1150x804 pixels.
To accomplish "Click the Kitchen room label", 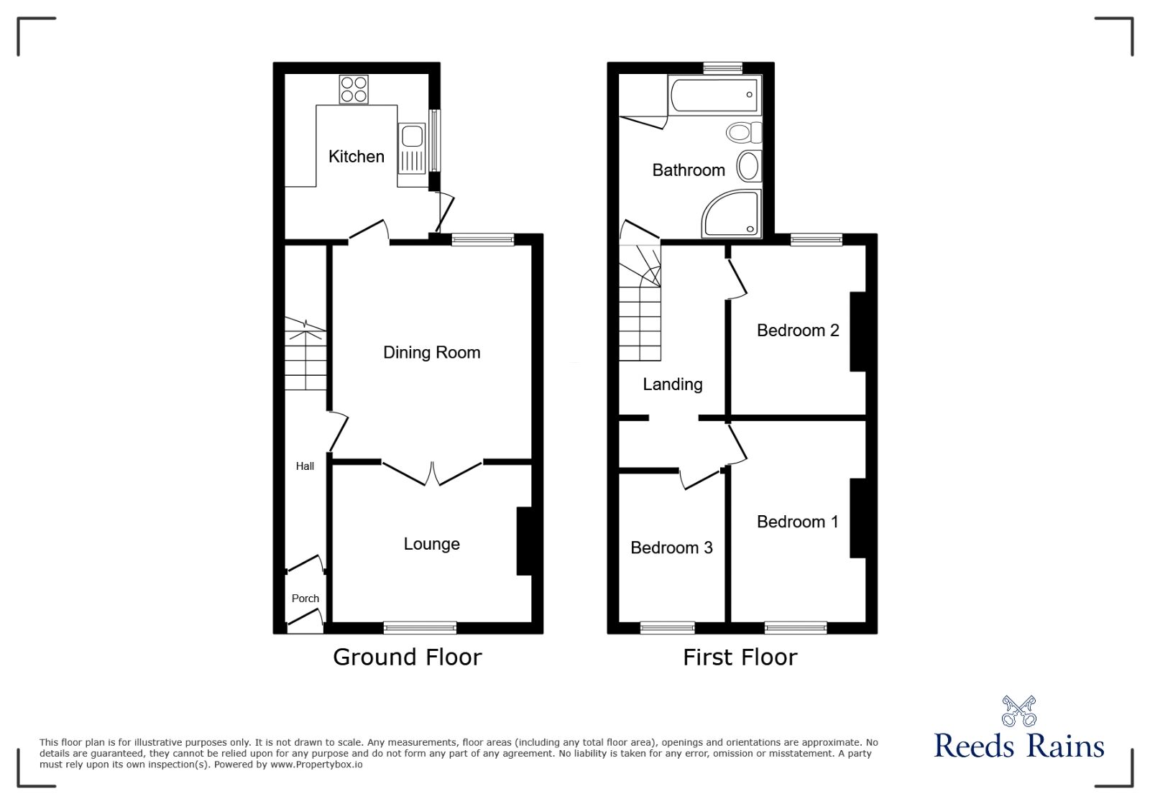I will [x=356, y=157].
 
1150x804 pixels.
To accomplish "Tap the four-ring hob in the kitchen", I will [x=354, y=90].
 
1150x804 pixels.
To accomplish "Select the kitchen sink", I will [x=412, y=137].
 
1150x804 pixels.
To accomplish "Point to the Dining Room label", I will [x=431, y=353].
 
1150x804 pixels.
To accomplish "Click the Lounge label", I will [x=431, y=545].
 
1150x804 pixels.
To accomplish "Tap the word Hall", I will [x=305, y=466].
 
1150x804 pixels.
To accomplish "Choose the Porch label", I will [x=305, y=599].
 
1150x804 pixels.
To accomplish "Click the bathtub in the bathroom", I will [x=713, y=95].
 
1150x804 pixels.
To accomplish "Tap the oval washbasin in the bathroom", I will [x=748, y=166].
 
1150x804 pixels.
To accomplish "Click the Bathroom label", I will [x=689, y=170].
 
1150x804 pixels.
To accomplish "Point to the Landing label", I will [x=672, y=384].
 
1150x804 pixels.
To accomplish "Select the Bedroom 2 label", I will [x=798, y=331].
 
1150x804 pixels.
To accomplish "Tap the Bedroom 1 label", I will [x=798, y=522].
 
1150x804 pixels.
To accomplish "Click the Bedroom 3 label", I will [x=671, y=548].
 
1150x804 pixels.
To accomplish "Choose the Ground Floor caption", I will [x=407, y=657].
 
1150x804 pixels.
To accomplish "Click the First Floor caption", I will [x=740, y=657].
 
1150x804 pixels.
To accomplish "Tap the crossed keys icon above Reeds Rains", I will [x=1018, y=711].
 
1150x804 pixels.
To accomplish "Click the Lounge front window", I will [x=420, y=628].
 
